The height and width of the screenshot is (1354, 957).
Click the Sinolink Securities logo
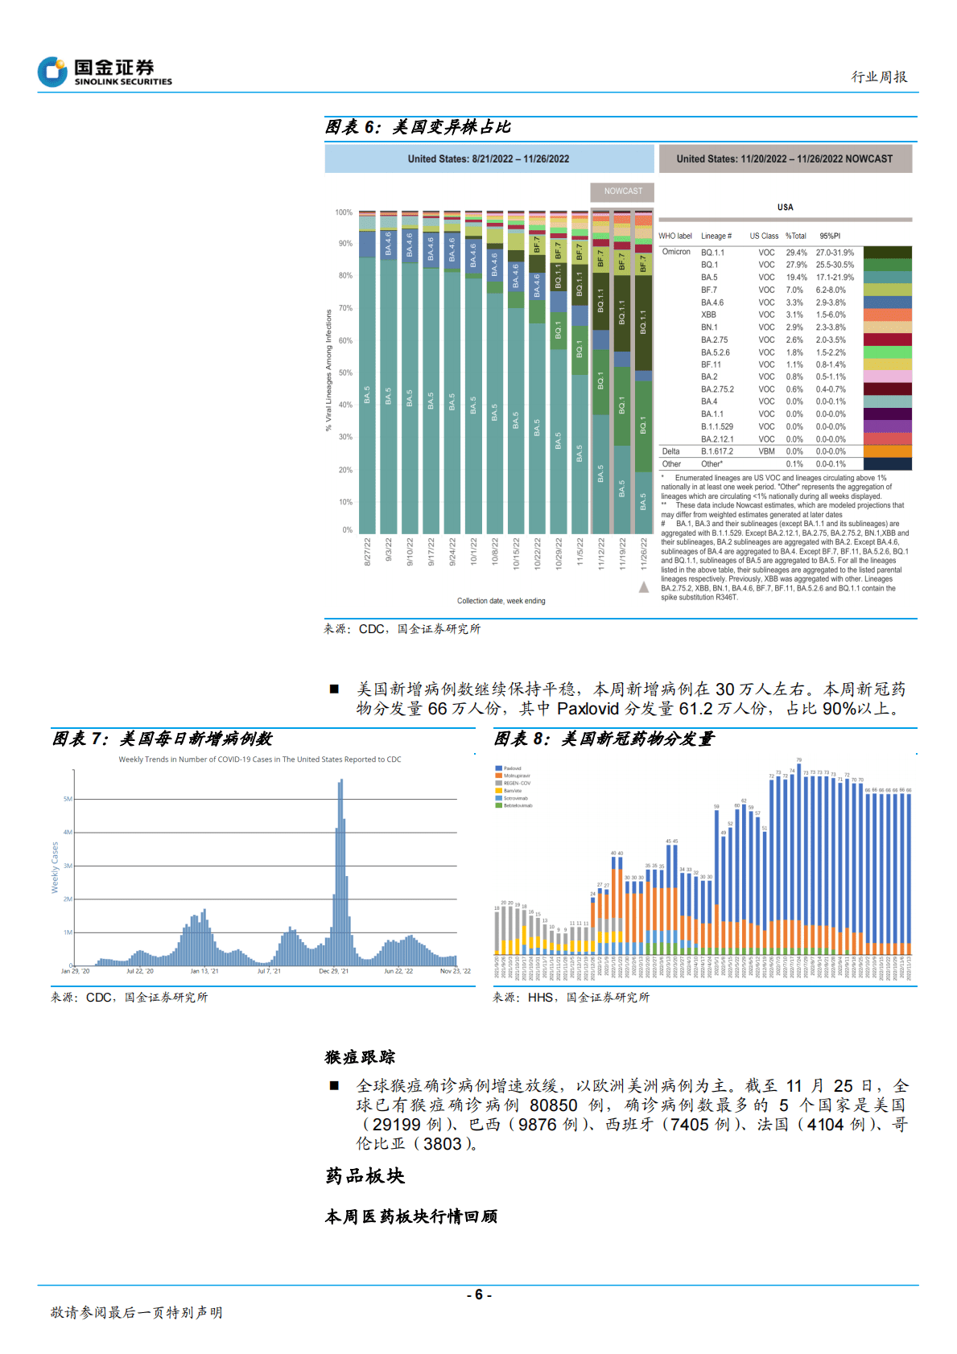click(105, 72)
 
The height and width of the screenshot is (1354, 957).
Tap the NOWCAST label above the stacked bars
click(623, 191)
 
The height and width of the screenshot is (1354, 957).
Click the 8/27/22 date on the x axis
click(368, 552)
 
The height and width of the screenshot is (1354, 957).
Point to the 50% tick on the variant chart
click(345, 373)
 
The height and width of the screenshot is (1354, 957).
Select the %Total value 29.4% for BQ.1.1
click(796, 253)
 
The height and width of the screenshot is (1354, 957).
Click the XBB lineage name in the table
click(708, 315)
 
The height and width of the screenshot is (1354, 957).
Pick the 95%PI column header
click(829, 236)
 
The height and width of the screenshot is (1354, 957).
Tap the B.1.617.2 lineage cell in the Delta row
click(716, 451)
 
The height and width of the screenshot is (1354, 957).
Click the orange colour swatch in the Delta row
click(887, 451)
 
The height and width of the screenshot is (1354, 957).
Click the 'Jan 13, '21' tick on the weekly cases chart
click(204, 971)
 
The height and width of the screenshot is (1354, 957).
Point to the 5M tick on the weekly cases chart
click(68, 799)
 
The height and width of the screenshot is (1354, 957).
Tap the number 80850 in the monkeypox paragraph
click(553, 1105)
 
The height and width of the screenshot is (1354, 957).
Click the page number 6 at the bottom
click(478, 1294)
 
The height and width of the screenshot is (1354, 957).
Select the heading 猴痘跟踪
click(360, 1057)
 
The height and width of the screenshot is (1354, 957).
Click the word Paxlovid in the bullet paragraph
click(588, 709)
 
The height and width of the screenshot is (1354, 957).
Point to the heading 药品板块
click(365, 1176)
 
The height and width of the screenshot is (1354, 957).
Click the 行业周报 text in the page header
click(879, 77)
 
